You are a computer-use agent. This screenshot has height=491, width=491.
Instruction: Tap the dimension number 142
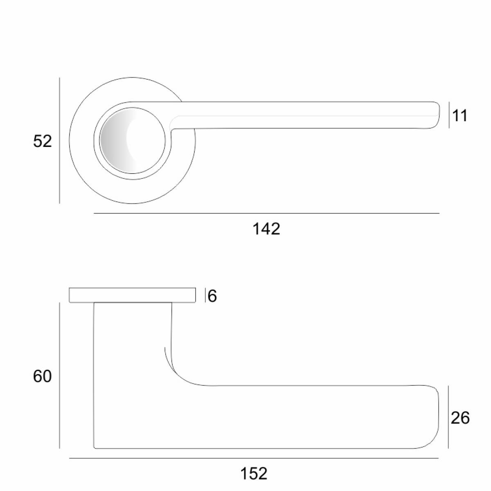click(266, 229)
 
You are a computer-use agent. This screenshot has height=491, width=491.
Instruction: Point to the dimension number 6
click(212, 296)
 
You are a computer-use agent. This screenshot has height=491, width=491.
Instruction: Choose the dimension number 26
click(460, 418)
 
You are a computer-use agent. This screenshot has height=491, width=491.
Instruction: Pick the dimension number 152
click(254, 473)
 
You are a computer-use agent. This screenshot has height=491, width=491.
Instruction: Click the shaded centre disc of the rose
click(133, 140)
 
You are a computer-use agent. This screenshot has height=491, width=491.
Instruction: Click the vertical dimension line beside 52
click(59, 141)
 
